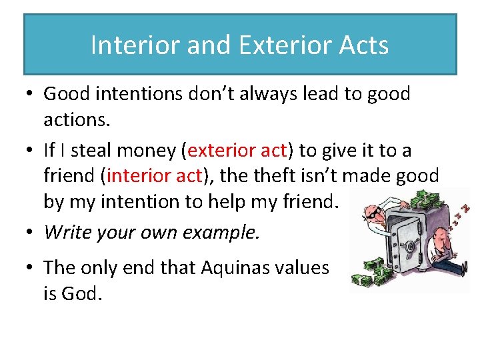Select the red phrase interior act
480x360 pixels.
(x=153, y=176)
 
